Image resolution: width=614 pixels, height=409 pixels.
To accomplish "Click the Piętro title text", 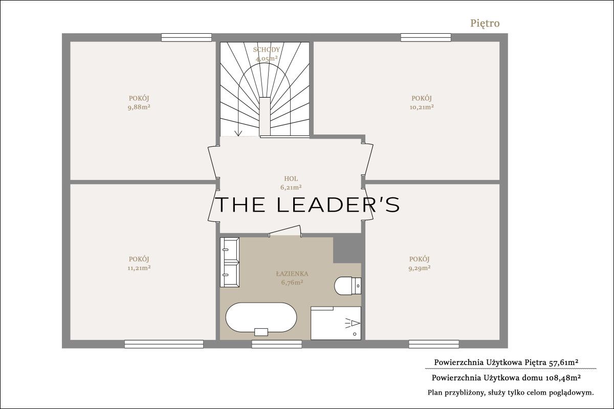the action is (485, 24).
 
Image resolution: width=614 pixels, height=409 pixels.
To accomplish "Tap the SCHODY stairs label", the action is (267, 50).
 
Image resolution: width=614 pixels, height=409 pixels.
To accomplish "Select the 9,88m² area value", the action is (139, 107).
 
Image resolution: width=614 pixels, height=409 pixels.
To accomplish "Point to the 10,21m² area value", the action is (422, 107).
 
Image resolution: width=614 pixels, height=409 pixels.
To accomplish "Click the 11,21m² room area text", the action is (139, 268).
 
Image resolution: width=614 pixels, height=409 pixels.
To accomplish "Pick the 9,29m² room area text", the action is (420, 268).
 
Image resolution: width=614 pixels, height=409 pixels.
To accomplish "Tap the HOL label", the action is (291, 178).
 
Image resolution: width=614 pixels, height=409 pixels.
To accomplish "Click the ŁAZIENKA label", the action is (292, 274).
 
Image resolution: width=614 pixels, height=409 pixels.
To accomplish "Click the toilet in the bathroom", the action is (347, 286).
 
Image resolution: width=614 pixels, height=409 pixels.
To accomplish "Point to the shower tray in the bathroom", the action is (336, 323).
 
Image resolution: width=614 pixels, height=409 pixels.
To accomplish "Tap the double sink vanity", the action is (230, 262).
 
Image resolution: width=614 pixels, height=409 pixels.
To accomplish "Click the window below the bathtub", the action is (277, 344).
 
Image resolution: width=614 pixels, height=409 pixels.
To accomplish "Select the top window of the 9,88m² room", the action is (186, 37).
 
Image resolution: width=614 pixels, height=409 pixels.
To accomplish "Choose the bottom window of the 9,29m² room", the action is (434, 344).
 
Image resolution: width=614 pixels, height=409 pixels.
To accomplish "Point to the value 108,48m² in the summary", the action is (561, 378).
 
